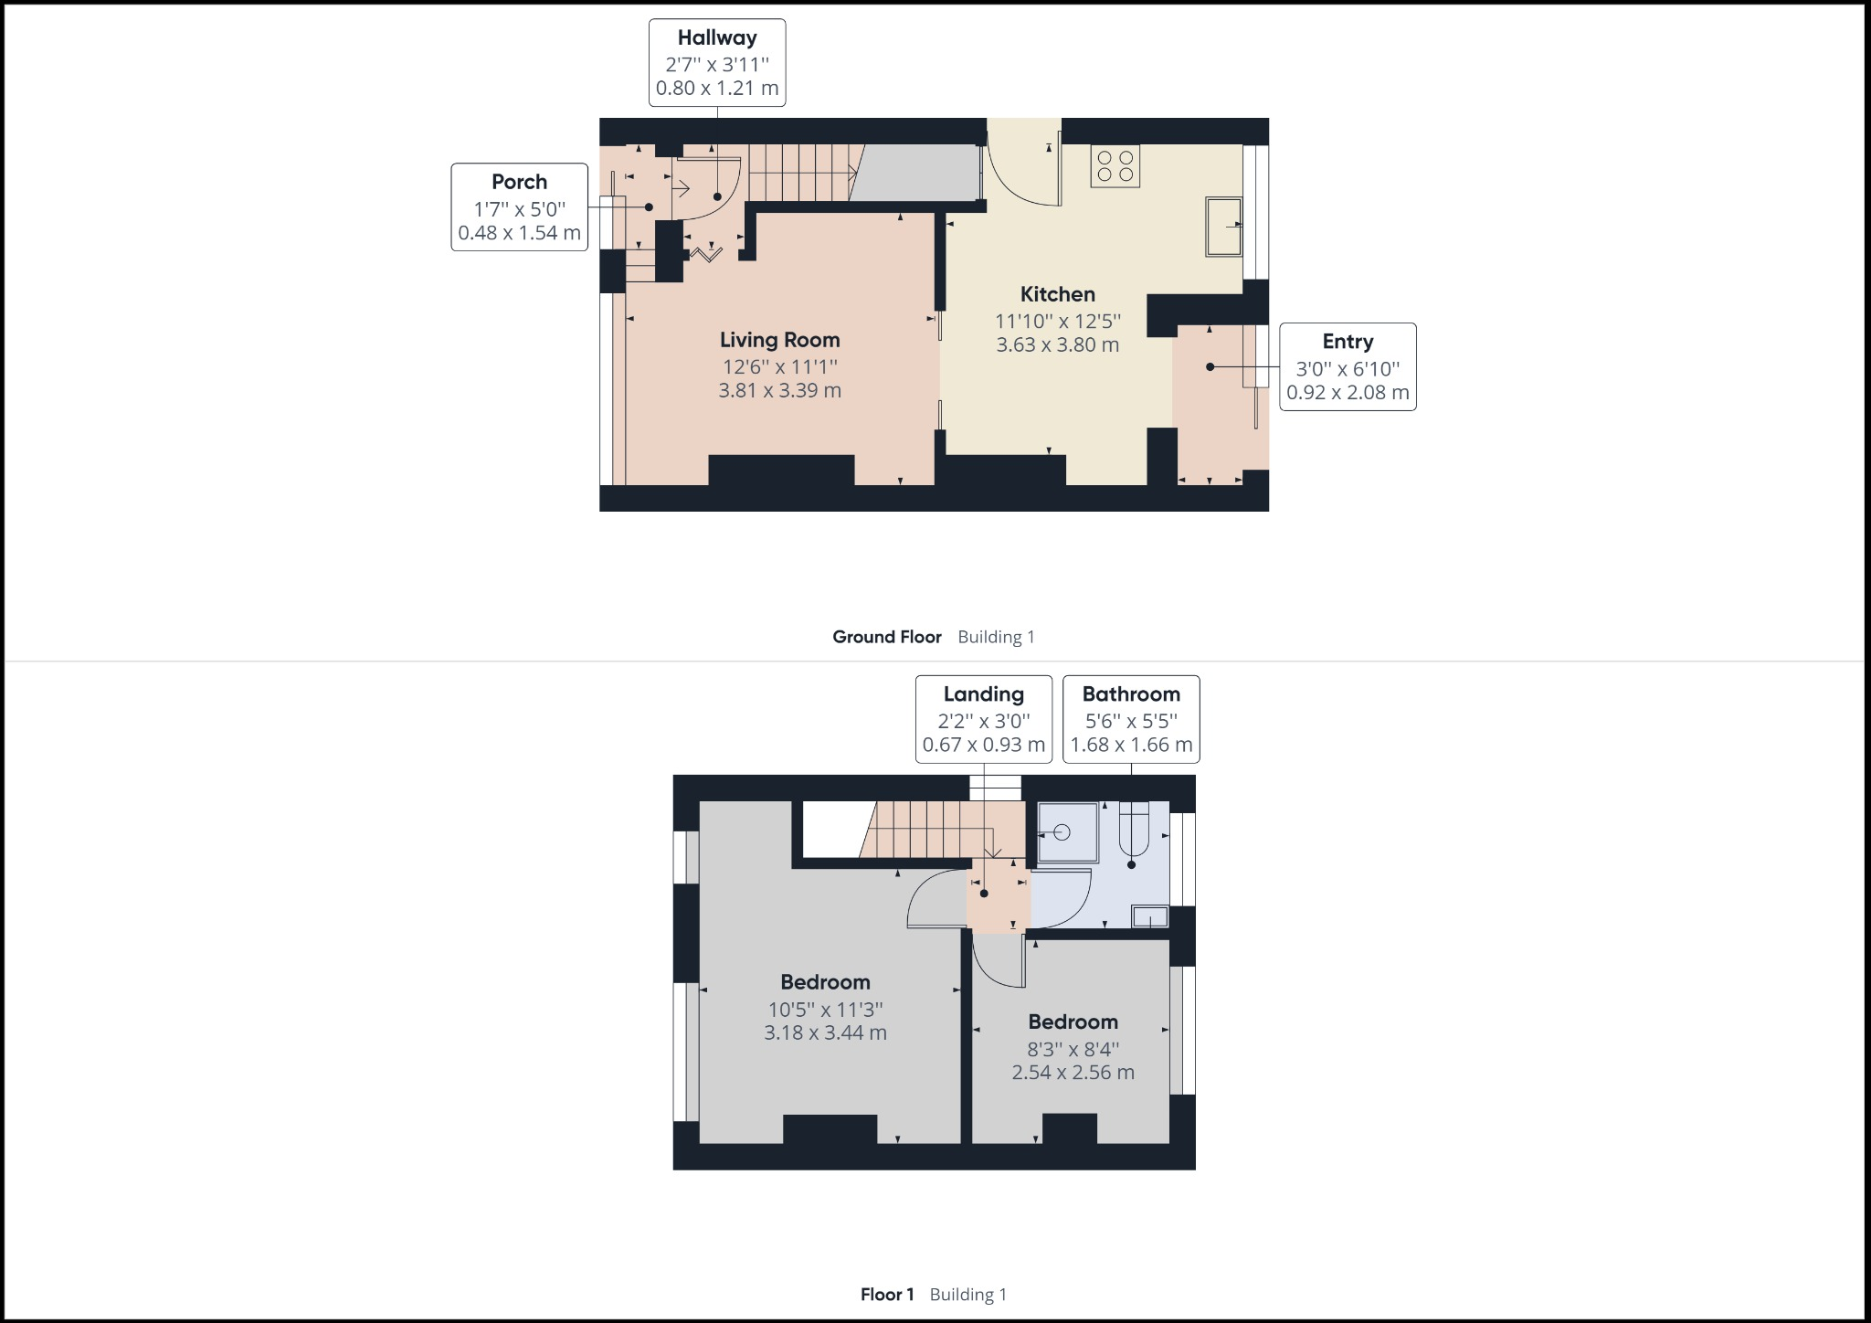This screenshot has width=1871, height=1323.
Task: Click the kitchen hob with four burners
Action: (x=1115, y=167)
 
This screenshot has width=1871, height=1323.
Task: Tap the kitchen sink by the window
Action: (x=1224, y=226)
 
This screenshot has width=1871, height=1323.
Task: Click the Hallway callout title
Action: (x=717, y=38)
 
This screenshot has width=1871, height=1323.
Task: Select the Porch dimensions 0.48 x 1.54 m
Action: (x=519, y=233)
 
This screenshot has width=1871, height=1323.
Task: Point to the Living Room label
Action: (x=779, y=340)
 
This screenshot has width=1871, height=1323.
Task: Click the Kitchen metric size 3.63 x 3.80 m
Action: (x=1057, y=345)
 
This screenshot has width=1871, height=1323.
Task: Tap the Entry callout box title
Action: (x=1348, y=342)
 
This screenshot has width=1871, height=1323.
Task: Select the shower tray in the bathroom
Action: (x=1067, y=832)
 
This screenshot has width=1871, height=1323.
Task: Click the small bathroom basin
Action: (x=1149, y=916)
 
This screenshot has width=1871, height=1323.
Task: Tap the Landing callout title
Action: (x=983, y=694)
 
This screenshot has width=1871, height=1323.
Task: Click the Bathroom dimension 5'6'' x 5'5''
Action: (x=1131, y=720)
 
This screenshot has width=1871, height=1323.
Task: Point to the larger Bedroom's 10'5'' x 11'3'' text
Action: (x=825, y=1010)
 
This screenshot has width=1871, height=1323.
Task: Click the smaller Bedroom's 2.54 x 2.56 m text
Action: (x=1073, y=1073)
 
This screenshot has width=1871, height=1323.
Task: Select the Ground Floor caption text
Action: (x=886, y=637)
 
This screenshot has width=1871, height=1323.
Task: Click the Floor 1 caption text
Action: (x=886, y=1295)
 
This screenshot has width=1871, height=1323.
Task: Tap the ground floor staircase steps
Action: (x=799, y=172)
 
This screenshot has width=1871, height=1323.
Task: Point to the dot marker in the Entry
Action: (x=1210, y=367)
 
